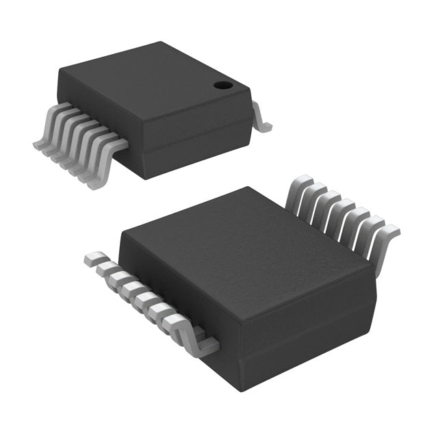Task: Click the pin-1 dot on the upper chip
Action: click(x=222, y=86)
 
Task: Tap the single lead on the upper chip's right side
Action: click(x=261, y=119)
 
